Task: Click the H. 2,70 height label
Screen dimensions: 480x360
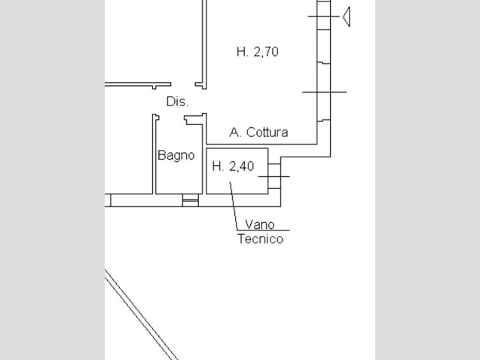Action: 258,52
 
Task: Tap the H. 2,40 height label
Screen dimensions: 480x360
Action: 233,166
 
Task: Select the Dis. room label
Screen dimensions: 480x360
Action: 177,102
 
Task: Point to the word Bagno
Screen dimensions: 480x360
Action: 176,155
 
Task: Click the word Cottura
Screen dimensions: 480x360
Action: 267,132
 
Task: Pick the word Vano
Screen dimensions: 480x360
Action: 259,224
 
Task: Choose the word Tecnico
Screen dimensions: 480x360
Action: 261,239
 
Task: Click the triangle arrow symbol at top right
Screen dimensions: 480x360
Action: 346,17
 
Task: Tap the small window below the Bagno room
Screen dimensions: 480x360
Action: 191,200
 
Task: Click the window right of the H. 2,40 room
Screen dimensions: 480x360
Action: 274,176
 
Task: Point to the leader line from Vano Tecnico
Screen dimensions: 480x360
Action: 234,206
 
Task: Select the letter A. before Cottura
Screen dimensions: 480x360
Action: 235,132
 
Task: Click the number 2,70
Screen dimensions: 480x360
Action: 266,52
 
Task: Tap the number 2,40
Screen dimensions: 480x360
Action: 242,166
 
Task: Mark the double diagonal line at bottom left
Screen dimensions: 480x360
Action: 142,315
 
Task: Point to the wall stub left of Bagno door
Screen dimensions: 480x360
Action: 155,154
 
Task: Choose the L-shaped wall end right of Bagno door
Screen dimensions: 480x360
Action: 194,119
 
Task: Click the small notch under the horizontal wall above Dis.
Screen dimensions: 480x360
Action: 154,87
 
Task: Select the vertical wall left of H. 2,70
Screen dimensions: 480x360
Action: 204,44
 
